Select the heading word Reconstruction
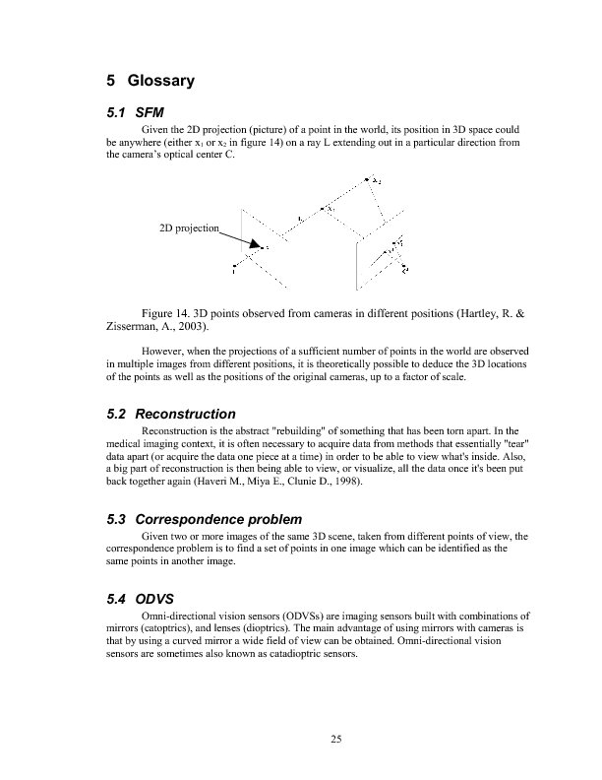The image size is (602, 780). pos(185,413)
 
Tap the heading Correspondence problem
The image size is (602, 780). pos(217,518)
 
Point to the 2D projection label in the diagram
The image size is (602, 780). pos(187,227)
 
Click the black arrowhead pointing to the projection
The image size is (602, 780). pos(255,243)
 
